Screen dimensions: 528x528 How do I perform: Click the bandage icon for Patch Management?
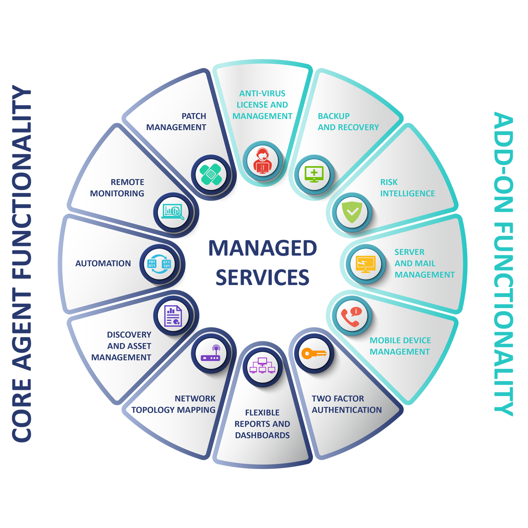click(x=211, y=175)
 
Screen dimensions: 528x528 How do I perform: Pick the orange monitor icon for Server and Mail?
click(x=366, y=264)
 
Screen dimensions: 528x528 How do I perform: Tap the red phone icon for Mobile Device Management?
click(x=351, y=316)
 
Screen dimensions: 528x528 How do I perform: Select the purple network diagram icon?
click(x=263, y=366)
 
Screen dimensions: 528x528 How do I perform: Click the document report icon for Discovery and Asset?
click(x=173, y=316)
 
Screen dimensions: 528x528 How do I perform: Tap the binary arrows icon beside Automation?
click(x=159, y=264)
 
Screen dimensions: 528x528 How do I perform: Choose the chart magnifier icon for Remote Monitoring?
click(x=173, y=212)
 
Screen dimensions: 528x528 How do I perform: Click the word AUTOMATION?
click(x=103, y=264)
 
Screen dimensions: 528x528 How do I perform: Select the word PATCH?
click(x=194, y=116)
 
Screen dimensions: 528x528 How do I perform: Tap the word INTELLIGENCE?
click(x=407, y=194)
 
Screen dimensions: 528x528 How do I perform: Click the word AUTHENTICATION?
click(x=347, y=410)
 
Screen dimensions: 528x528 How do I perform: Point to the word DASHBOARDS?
click(x=262, y=436)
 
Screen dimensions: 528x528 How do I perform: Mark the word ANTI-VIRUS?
click(x=262, y=93)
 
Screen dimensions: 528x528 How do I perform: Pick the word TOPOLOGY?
click(x=153, y=410)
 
